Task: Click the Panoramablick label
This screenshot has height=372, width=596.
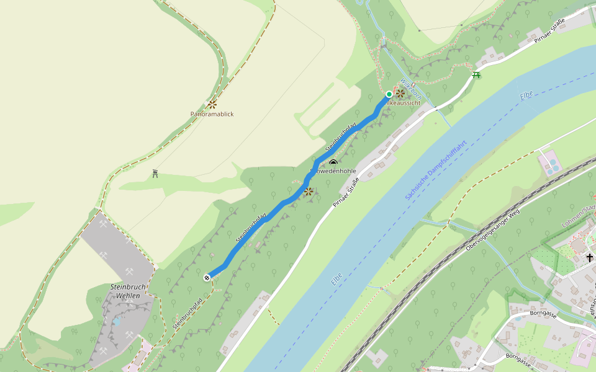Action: point(212,114)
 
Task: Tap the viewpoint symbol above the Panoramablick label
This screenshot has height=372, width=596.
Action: point(212,104)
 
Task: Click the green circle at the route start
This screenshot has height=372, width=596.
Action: point(389,94)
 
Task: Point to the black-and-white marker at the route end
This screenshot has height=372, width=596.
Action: point(207,277)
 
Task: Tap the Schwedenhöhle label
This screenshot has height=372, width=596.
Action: point(333,170)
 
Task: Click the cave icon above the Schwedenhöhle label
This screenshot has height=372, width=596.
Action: point(333,162)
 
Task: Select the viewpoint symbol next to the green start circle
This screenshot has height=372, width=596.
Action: point(400,94)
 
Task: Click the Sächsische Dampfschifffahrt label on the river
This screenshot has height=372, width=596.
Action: point(436,170)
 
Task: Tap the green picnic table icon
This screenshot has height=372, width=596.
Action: point(476,74)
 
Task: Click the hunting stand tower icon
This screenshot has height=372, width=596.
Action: point(155,174)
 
